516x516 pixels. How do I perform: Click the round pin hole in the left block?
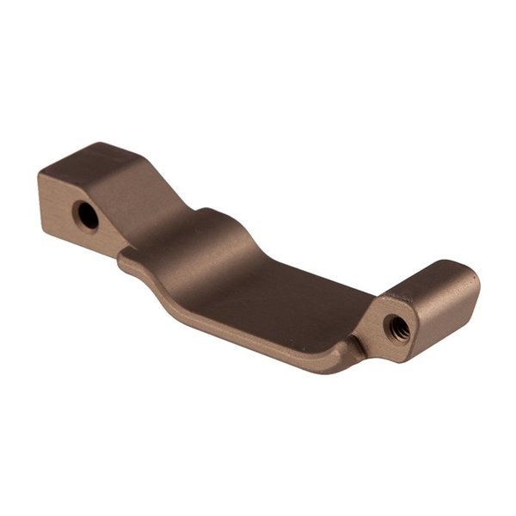(x=87, y=215)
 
